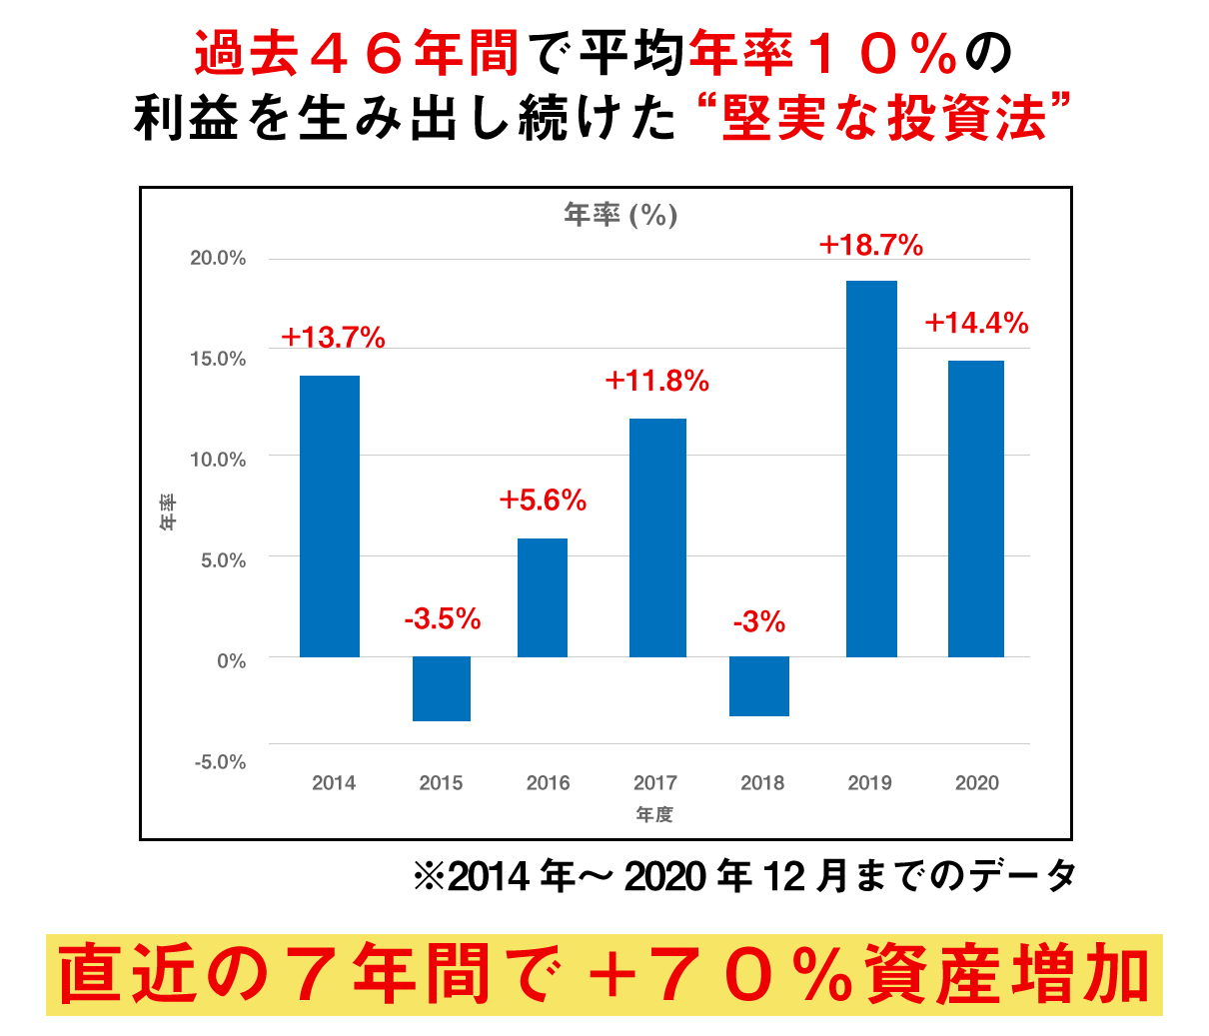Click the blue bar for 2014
(330, 516)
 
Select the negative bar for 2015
(442, 688)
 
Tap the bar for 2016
(543, 597)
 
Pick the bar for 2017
(657, 537)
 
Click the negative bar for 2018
(759, 686)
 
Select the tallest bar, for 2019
(871, 469)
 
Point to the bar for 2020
(976, 509)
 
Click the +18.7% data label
(871, 245)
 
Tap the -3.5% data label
(443, 619)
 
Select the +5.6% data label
(543, 500)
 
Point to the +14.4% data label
(976, 323)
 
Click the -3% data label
(759, 622)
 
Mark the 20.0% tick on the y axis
(218, 258)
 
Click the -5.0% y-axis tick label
(220, 762)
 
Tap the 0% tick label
(231, 660)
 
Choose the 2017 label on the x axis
(654, 783)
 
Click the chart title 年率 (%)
(620, 214)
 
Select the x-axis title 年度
(654, 815)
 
